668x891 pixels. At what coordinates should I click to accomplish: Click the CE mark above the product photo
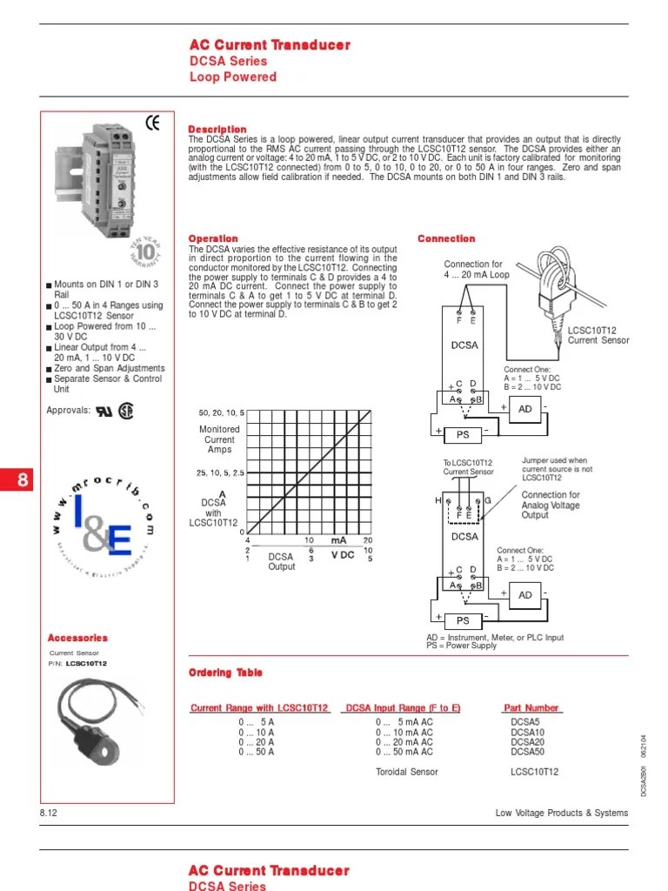pyautogui.click(x=153, y=124)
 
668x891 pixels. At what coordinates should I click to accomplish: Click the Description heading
pyautogui.click(x=217, y=130)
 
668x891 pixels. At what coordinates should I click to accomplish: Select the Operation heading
pyautogui.click(x=213, y=238)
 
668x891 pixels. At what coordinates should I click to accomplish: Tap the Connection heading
pyautogui.click(x=446, y=238)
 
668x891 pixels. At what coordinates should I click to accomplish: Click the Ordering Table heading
pyautogui.click(x=225, y=673)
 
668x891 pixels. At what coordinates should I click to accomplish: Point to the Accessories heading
pyautogui.click(x=77, y=638)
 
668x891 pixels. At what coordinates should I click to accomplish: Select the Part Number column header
pyautogui.click(x=531, y=708)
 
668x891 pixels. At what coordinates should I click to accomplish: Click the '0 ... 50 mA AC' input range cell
pyautogui.click(x=404, y=752)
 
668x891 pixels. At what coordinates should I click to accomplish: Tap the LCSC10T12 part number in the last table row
pyautogui.click(x=535, y=772)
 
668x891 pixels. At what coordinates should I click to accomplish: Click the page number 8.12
pyautogui.click(x=49, y=813)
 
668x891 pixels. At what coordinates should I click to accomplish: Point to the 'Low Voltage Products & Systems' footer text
pyautogui.click(x=561, y=813)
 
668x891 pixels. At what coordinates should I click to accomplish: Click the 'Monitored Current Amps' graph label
pyautogui.click(x=219, y=439)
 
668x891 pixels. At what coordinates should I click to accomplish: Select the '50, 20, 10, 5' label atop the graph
pyautogui.click(x=222, y=412)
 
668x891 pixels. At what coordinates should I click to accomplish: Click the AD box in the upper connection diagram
pyautogui.click(x=525, y=409)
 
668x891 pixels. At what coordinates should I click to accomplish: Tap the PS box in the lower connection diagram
pyautogui.click(x=463, y=620)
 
